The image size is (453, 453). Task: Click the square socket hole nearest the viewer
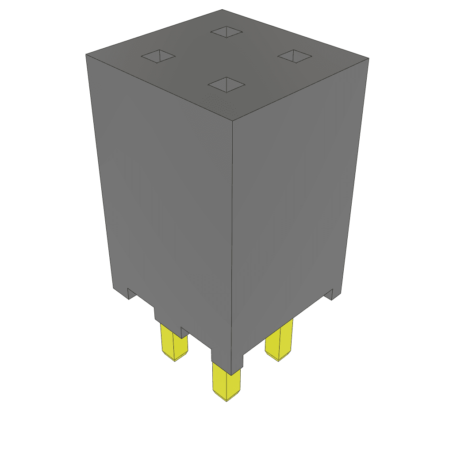[226, 84]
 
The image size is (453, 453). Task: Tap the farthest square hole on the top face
[226, 31]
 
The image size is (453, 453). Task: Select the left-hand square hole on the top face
[158, 57]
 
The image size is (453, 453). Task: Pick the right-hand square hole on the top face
[295, 56]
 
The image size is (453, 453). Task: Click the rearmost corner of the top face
[222, 10]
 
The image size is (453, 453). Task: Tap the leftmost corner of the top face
[86, 55]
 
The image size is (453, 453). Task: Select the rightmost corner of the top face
[369, 58]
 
